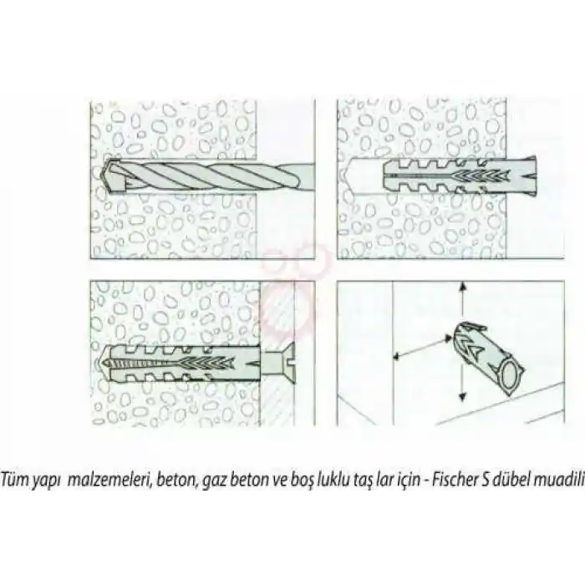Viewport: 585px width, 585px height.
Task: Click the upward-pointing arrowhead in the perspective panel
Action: pyautogui.click(x=462, y=287)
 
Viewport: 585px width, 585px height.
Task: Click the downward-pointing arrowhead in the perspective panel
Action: pyautogui.click(x=462, y=397)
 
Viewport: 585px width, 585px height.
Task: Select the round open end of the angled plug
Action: pyautogui.click(x=511, y=375)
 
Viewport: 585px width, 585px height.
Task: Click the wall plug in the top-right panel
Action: pyautogui.click(x=460, y=175)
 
